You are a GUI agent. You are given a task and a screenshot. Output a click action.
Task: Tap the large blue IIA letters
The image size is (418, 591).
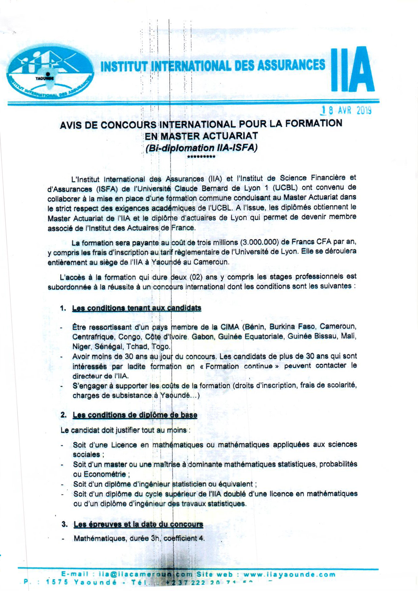(x=352, y=70)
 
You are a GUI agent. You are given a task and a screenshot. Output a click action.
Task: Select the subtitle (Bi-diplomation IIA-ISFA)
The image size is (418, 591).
(x=202, y=148)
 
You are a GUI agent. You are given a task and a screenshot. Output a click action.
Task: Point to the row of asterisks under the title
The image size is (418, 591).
(x=201, y=157)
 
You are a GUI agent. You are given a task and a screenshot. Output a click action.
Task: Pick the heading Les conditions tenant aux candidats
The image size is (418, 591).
(x=137, y=308)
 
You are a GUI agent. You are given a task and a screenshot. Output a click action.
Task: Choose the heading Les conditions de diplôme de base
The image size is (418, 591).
(x=135, y=415)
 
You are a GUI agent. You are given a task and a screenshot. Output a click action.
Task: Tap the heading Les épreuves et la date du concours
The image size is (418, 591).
(x=138, y=524)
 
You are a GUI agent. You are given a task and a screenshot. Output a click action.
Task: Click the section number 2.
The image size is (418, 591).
(x=64, y=415)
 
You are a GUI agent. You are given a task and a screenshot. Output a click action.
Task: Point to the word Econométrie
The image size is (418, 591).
(x=104, y=474)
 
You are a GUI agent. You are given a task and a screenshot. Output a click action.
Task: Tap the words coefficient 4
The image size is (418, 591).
(x=184, y=538)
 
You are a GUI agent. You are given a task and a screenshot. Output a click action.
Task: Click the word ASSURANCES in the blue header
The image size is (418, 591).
(x=291, y=65)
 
